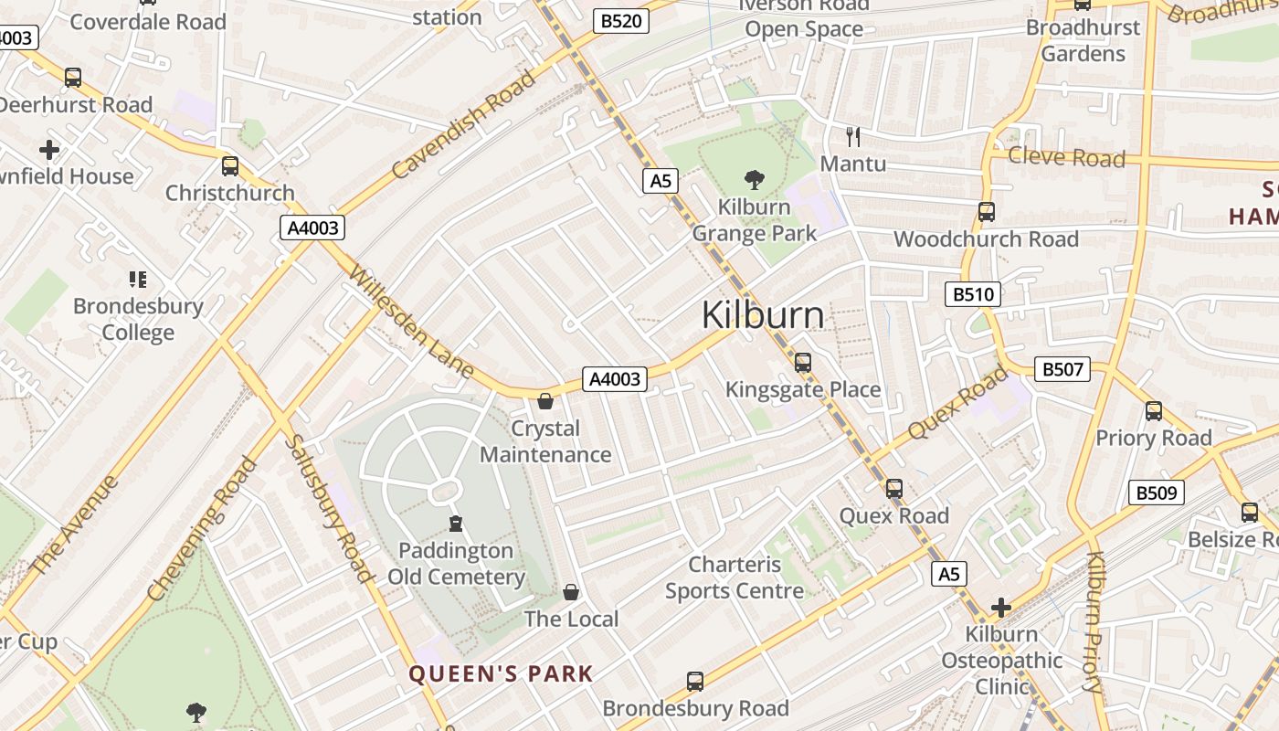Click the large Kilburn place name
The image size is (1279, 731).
(x=763, y=315)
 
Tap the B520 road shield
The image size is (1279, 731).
(x=620, y=21)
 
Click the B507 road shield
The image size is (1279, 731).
(x=1062, y=369)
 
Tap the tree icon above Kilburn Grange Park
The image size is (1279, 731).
(x=755, y=179)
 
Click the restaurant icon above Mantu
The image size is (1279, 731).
(x=853, y=137)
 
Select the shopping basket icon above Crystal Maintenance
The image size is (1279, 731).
(x=545, y=401)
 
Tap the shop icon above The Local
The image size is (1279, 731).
(x=571, y=592)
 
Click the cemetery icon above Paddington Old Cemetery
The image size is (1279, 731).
(x=456, y=524)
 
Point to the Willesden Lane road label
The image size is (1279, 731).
(x=411, y=322)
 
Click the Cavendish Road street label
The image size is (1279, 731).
(x=464, y=123)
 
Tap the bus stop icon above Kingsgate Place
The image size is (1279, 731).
(x=803, y=363)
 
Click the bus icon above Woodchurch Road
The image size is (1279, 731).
(x=987, y=212)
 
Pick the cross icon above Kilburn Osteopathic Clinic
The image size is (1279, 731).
(x=1001, y=607)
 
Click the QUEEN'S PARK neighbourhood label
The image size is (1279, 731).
(x=501, y=674)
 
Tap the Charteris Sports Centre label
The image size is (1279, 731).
(x=735, y=577)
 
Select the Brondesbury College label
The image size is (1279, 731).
(x=138, y=319)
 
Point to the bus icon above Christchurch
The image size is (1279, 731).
(x=230, y=166)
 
